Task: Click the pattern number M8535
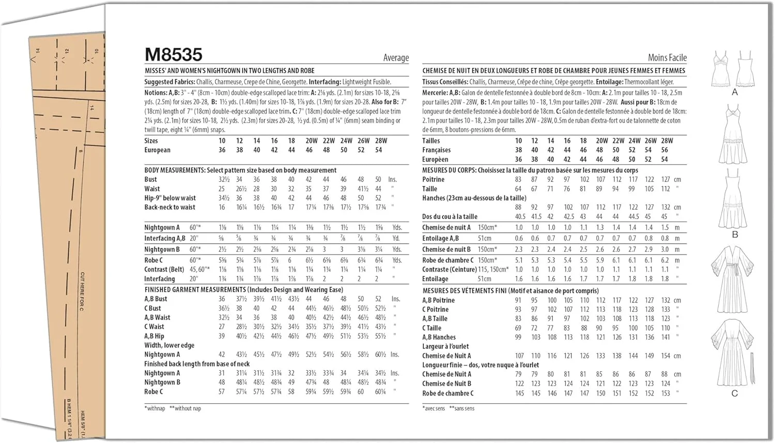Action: pyautogui.click(x=173, y=55)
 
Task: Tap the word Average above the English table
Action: pyautogui.click(x=396, y=58)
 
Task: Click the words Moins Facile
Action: pyautogui.click(x=667, y=58)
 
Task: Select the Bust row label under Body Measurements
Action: pyautogui.click(x=150, y=180)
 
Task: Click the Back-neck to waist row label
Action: pyautogui.click(x=169, y=208)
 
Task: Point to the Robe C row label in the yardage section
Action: pyautogui.click(x=153, y=260)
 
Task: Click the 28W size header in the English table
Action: pyautogui.click(x=381, y=141)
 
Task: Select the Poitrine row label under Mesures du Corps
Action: pyautogui.click(x=433, y=180)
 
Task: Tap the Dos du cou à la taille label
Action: pyautogui.click(x=450, y=217)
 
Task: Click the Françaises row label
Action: pyautogui.click(x=436, y=150)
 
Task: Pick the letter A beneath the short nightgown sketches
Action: pyautogui.click(x=735, y=92)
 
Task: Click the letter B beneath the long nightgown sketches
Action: pyautogui.click(x=735, y=235)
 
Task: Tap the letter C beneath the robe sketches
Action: pyautogui.click(x=734, y=394)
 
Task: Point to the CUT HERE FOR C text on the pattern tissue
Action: pyautogui.click(x=82, y=292)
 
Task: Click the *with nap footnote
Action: pyautogui.click(x=155, y=408)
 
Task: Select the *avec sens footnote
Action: pyautogui.click(x=433, y=408)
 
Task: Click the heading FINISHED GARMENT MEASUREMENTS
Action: pyautogui.click(x=195, y=290)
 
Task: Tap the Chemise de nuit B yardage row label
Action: pyautogui.click(x=446, y=249)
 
